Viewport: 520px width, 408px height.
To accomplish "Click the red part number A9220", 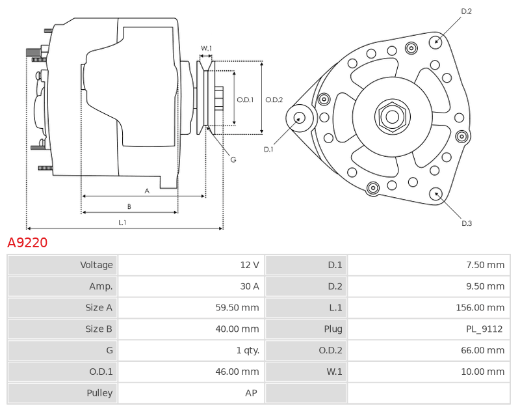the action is point(27,243).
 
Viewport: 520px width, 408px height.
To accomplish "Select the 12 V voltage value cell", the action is point(191,265).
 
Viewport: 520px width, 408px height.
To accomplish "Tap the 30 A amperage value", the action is point(250,286).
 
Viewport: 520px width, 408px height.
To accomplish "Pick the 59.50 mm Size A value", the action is point(237,307).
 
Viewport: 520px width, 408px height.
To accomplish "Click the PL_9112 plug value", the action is point(484,329).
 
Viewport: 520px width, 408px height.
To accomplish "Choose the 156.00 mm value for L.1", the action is point(480,307).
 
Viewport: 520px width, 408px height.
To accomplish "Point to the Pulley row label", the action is point(99,393).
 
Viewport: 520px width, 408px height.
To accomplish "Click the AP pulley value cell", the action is point(191,393).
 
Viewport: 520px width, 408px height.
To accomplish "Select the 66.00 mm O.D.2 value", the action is point(482,350).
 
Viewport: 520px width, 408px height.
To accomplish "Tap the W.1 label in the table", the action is point(334,372).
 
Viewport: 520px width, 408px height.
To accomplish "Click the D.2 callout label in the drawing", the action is point(466,11).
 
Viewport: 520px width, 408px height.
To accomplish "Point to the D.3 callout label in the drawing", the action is point(467,223).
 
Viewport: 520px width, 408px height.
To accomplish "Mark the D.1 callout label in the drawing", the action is point(268,150).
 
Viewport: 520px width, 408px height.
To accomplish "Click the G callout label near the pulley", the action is point(233,159).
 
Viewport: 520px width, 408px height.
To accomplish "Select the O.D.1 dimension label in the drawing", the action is point(245,100).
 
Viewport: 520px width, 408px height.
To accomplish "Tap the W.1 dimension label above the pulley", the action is point(206,48).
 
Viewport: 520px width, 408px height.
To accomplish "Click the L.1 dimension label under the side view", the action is point(122,223).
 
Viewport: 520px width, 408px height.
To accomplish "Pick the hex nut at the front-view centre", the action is point(393,117).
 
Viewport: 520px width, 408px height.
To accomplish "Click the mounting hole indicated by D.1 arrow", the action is point(300,118).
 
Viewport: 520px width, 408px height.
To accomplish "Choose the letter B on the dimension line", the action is point(129,206).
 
